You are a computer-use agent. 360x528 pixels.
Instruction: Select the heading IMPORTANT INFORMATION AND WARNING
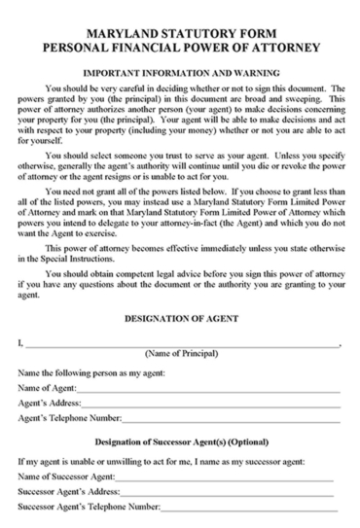(x=180, y=72)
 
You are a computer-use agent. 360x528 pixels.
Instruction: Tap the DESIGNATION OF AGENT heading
(x=181, y=319)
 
